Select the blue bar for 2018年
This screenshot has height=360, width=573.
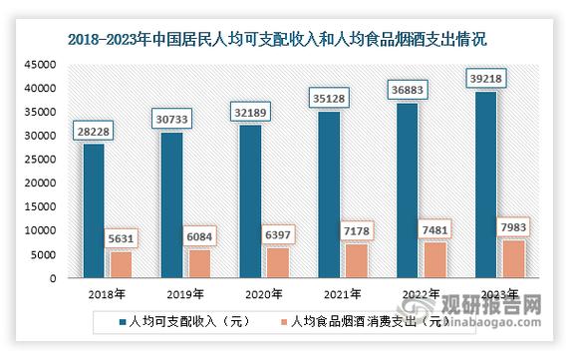93,211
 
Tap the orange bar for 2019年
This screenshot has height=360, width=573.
200,263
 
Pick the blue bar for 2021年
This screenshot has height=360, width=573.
330,194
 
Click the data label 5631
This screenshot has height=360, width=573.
120,238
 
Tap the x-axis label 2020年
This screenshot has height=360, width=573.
264,294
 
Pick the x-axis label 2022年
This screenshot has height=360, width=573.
421,294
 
